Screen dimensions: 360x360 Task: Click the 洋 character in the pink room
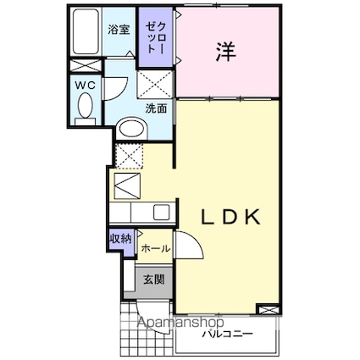(224, 51)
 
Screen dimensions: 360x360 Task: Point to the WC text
(85, 85)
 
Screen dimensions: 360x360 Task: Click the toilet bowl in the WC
(86, 108)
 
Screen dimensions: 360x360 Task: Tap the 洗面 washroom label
(155, 108)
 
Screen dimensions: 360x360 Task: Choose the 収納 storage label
(119, 239)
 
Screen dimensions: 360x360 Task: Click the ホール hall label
(154, 249)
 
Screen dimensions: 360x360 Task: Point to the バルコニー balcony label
(228, 333)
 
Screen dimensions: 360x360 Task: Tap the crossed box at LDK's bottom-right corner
(268, 310)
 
